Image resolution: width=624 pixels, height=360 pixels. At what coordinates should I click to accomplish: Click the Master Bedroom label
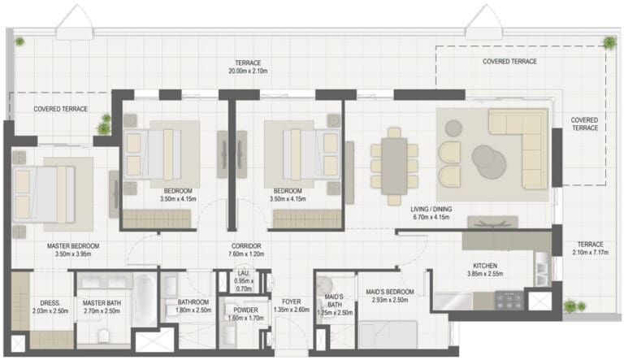[x=73, y=246]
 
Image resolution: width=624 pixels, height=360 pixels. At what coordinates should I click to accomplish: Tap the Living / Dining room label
[x=431, y=209]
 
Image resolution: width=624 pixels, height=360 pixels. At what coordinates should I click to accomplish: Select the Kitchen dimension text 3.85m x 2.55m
[x=485, y=274]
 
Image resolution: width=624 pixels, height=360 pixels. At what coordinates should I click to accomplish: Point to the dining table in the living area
[x=394, y=166]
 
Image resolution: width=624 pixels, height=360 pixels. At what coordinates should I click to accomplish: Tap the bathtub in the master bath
[x=145, y=299]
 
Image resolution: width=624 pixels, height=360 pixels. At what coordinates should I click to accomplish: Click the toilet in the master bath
[x=103, y=336]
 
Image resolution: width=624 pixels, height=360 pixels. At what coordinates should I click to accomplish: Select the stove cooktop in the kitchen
[x=509, y=300]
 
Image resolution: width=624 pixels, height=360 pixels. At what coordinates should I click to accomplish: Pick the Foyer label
[x=292, y=301]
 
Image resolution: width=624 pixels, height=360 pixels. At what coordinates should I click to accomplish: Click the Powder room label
[x=245, y=310]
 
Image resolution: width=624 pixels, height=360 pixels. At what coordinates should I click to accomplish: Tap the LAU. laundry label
[x=243, y=273]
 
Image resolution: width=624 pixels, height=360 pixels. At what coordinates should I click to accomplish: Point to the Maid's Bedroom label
[x=390, y=292]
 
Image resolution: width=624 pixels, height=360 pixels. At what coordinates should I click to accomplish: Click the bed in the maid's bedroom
[x=388, y=335]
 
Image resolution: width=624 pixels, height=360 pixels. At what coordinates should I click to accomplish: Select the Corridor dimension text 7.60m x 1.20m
[x=246, y=254]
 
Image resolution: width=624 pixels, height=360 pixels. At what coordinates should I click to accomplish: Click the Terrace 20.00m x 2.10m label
[x=248, y=67]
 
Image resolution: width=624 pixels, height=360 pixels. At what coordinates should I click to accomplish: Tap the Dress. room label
[x=50, y=303]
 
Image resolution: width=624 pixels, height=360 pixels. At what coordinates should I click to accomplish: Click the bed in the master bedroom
[x=44, y=194]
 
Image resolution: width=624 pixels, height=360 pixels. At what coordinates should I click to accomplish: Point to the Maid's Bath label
[x=334, y=301]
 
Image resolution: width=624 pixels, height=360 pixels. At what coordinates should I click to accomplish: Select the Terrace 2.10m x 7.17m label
[x=591, y=248]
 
